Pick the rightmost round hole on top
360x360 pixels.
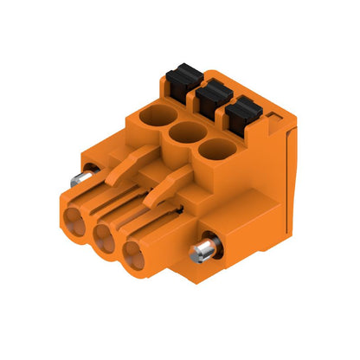215,151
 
